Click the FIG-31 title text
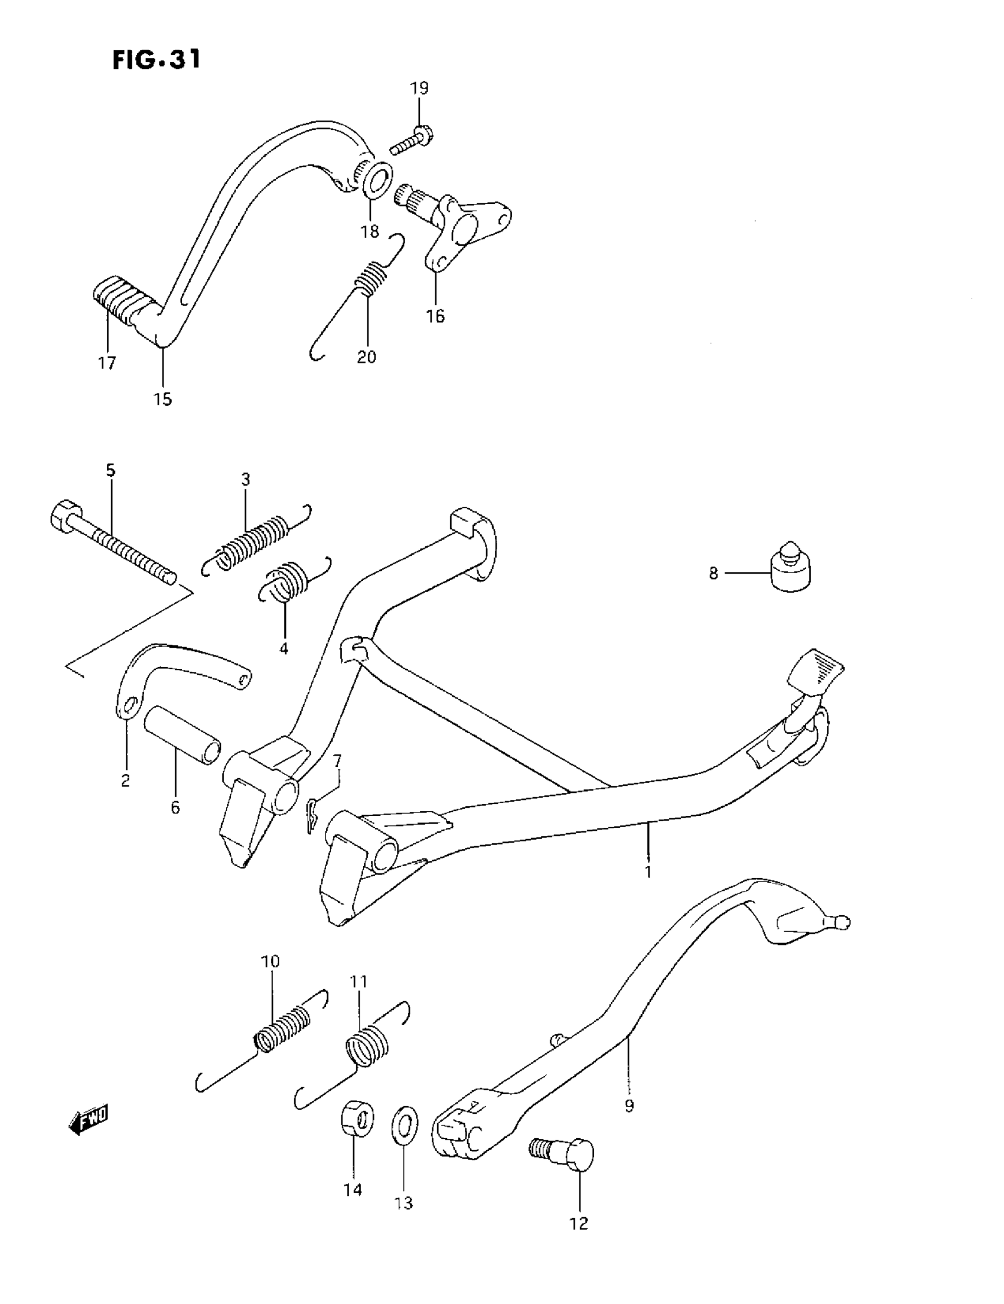157,60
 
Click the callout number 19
419,89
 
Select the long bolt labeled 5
113,544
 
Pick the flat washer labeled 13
405,1126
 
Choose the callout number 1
648,871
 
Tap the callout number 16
435,316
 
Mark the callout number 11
358,981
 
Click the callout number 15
162,399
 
